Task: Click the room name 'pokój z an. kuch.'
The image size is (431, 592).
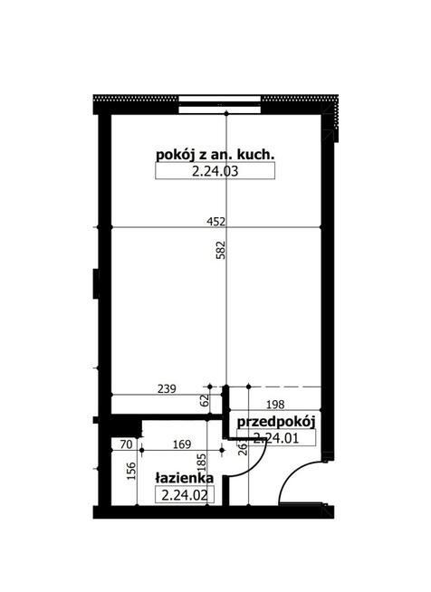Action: coord(214,156)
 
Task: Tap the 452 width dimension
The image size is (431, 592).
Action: coord(214,221)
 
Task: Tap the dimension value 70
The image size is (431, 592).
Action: coord(126,444)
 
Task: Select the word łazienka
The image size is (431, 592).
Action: coord(184,479)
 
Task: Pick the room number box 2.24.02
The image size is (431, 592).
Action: coord(184,494)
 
